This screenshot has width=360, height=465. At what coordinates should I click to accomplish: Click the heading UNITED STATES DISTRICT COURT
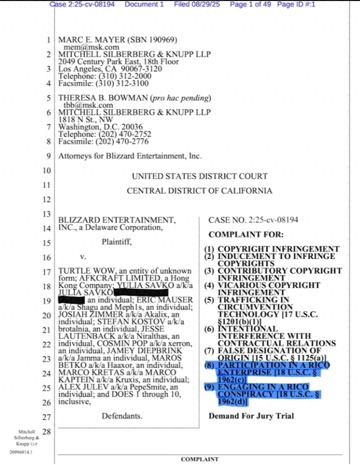coord(199,176)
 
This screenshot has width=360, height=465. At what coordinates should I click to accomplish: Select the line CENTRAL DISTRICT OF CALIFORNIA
coord(199,190)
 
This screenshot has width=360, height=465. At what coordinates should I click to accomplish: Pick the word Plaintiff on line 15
coord(117,242)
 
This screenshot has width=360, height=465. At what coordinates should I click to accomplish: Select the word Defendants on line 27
coord(122,416)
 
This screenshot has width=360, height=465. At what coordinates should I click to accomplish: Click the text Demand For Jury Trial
coord(251,416)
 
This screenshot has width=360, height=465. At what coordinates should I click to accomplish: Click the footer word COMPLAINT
coord(199,459)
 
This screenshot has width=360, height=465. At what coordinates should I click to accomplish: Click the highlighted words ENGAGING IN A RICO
coord(263,387)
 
